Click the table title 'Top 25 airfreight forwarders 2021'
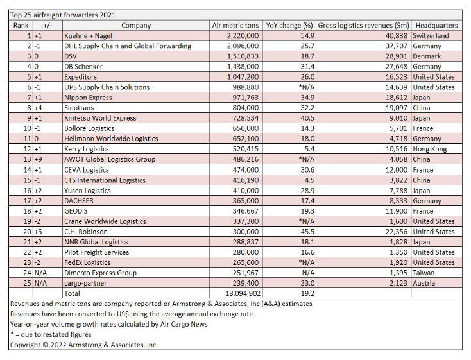63,15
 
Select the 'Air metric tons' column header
235,26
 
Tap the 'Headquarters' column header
436,26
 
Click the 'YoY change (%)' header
289,26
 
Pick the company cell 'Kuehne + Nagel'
88,36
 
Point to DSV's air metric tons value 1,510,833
243,56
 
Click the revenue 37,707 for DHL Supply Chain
397,46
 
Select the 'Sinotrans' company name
79,108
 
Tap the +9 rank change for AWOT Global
38,159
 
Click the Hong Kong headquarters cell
429,149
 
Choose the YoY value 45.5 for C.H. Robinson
307,232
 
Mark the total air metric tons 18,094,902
243,293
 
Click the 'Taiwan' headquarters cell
424,273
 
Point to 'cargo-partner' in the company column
85,283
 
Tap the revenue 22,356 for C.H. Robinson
397,232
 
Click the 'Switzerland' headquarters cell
431,36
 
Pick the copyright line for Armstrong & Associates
84,345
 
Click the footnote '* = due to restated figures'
51,334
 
